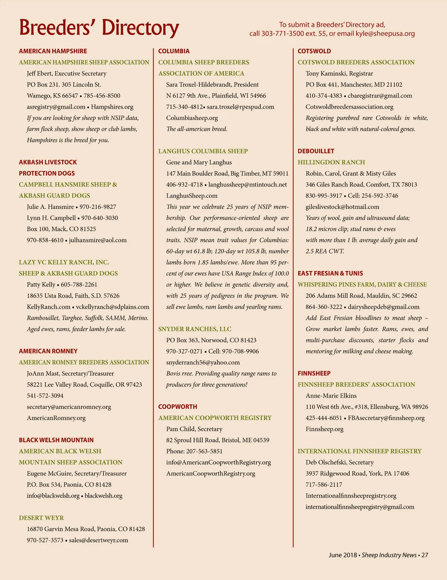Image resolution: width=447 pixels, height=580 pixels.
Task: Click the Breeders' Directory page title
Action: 99,28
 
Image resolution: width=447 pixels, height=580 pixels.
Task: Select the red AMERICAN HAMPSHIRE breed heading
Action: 53,51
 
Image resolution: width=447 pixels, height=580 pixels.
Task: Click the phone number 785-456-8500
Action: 102,96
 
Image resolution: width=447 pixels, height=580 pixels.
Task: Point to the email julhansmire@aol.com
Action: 98,240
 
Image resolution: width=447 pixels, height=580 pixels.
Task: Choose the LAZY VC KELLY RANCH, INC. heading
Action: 64,262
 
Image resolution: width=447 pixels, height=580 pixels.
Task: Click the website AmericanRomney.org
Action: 56,418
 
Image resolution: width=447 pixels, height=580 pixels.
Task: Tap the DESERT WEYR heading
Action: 41,518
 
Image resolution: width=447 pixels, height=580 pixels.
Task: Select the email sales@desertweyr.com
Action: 98,540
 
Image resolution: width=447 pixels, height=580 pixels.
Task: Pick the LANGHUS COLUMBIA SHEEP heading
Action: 203,151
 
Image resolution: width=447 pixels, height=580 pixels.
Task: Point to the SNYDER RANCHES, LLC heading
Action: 195,329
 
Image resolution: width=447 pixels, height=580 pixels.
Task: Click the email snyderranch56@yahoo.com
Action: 203,362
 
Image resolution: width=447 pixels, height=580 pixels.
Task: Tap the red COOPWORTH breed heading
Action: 178,407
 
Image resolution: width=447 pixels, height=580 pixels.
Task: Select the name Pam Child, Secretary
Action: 194,429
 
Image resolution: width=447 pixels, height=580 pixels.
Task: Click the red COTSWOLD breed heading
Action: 314,51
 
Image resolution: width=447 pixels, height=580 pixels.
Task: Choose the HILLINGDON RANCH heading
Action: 331,162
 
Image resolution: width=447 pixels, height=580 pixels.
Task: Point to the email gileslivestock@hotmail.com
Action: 342,207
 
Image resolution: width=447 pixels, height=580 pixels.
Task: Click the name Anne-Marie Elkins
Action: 331,395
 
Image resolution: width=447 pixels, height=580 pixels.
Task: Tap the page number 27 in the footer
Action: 424,555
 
